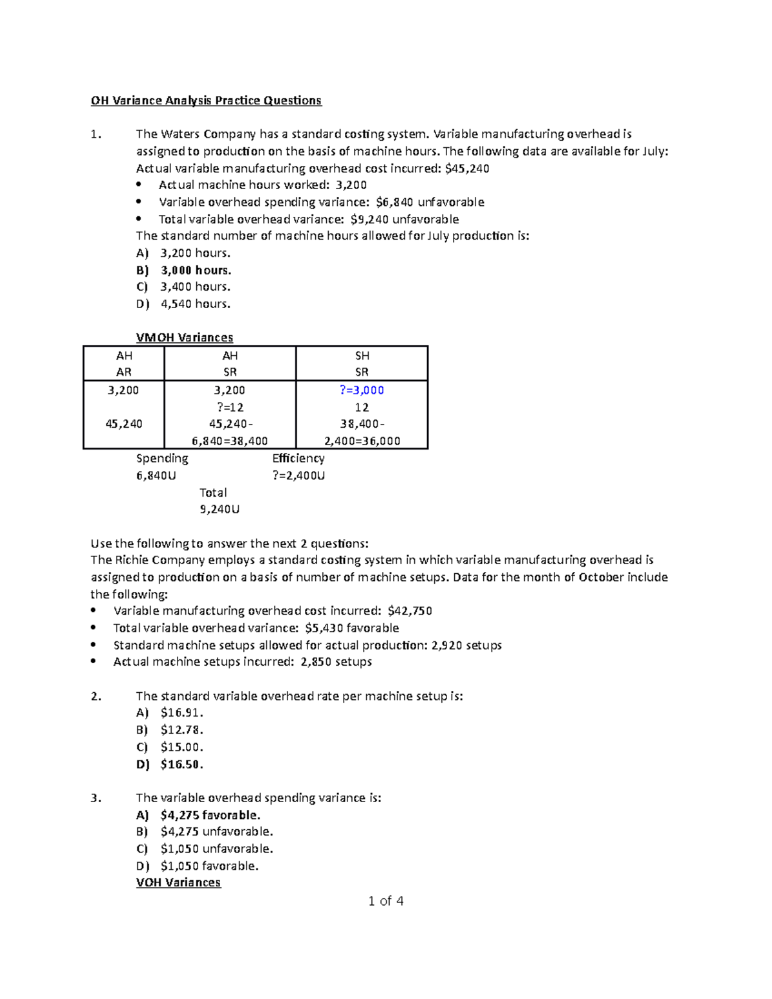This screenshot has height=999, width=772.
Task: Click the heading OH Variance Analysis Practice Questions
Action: tap(206, 100)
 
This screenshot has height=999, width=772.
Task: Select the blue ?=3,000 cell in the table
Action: tap(362, 390)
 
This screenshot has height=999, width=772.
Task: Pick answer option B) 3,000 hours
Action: tap(196, 270)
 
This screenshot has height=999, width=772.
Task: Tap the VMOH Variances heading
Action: tap(185, 338)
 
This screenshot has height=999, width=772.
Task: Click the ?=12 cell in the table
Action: tap(230, 407)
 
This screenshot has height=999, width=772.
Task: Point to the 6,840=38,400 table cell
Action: tap(230, 441)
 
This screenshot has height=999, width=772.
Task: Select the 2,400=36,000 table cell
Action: tap(362, 441)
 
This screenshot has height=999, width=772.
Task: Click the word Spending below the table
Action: tap(162, 458)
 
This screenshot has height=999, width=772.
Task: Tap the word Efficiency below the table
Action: tap(298, 458)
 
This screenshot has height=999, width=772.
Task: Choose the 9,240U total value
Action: tap(219, 509)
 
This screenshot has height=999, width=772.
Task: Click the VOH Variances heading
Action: tap(178, 883)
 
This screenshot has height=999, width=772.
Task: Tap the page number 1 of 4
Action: tap(385, 901)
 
